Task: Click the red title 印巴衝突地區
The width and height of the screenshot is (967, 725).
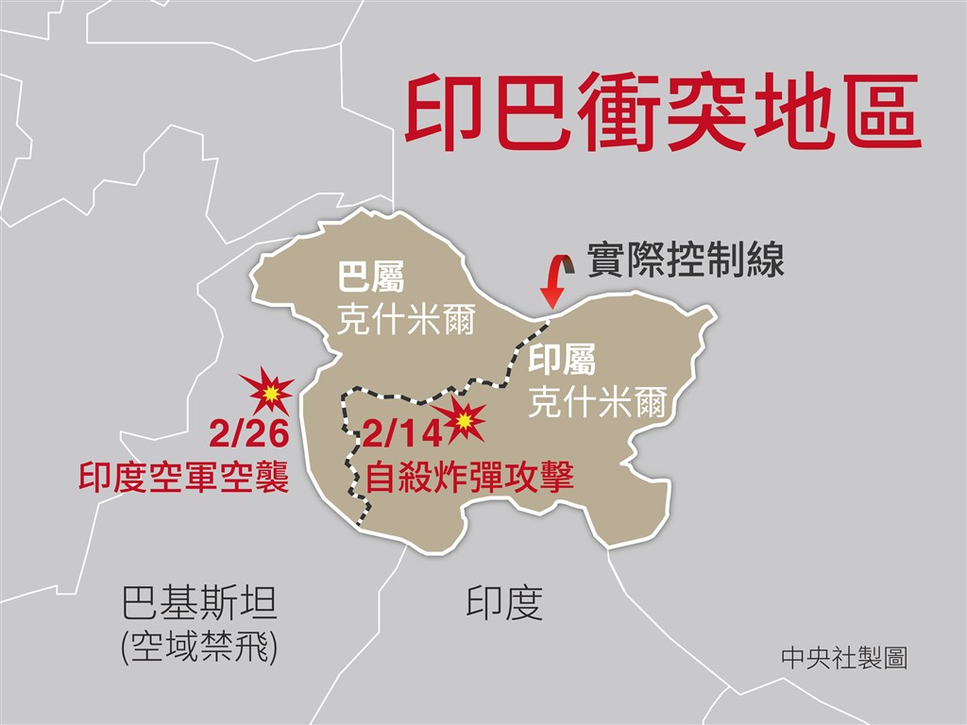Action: click(x=661, y=115)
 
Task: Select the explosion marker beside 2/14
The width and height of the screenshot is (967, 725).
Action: click(x=462, y=421)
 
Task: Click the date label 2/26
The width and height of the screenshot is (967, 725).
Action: click(x=248, y=436)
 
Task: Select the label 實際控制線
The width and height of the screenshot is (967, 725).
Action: click(x=686, y=260)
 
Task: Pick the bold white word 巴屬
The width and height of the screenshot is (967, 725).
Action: click(x=371, y=279)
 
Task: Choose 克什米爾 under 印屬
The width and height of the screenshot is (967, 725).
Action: click(x=598, y=403)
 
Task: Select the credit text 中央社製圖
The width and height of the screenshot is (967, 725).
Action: click(x=844, y=658)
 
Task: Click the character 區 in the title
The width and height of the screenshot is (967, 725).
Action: click(x=876, y=115)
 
